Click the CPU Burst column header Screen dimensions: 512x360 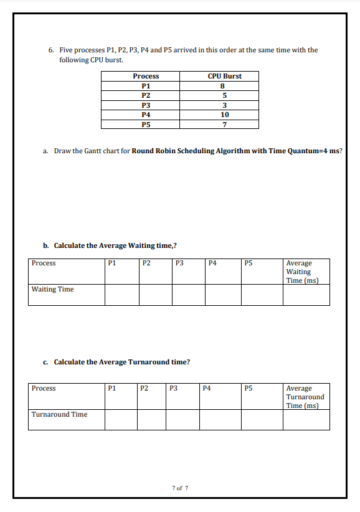tap(224, 76)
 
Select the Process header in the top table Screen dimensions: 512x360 tap(146, 76)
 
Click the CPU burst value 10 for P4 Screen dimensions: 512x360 tap(224, 115)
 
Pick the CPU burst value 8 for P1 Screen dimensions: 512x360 tap(224, 86)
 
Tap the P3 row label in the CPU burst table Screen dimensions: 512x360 tap(146, 105)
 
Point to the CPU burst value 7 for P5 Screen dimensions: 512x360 tap(224, 124)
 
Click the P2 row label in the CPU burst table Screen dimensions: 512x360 tap(146, 95)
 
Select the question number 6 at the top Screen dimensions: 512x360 tap(50, 50)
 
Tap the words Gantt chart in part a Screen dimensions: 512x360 tap(106, 151)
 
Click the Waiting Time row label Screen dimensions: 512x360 tap(52, 289)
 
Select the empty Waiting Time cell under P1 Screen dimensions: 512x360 tap(121, 295)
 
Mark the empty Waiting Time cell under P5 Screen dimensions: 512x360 tap(262, 295)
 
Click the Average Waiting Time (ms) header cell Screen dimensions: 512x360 tap(305, 272)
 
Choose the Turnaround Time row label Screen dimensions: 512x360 tap(59, 414)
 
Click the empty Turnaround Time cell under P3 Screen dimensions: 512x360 tap(182, 419)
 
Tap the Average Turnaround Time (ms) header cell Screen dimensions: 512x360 tap(305, 397)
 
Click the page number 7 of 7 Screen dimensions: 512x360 tap(179, 488)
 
